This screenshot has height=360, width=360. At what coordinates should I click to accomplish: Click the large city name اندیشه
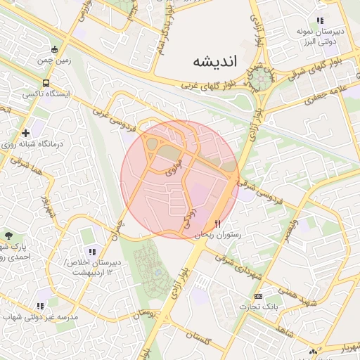[x=216, y=62]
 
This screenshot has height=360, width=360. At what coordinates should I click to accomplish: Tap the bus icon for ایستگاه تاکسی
[x=46, y=83]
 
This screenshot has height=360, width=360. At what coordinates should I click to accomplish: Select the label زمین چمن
[x=71, y=60]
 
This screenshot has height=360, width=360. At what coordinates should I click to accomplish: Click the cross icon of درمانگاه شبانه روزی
[x=26, y=132]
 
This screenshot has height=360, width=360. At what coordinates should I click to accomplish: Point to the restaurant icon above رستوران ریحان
[x=217, y=224]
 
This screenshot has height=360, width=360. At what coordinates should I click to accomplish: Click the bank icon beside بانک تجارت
[x=258, y=296]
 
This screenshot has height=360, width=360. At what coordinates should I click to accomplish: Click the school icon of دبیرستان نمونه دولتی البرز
[x=321, y=20]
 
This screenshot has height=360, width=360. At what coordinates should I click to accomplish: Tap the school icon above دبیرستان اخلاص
[x=91, y=252]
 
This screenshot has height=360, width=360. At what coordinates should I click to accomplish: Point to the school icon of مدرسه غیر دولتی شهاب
[x=40, y=306]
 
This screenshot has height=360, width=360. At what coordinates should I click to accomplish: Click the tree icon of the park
[x=8, y=236]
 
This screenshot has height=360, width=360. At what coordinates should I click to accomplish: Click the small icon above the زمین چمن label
[x=56, y=50]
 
